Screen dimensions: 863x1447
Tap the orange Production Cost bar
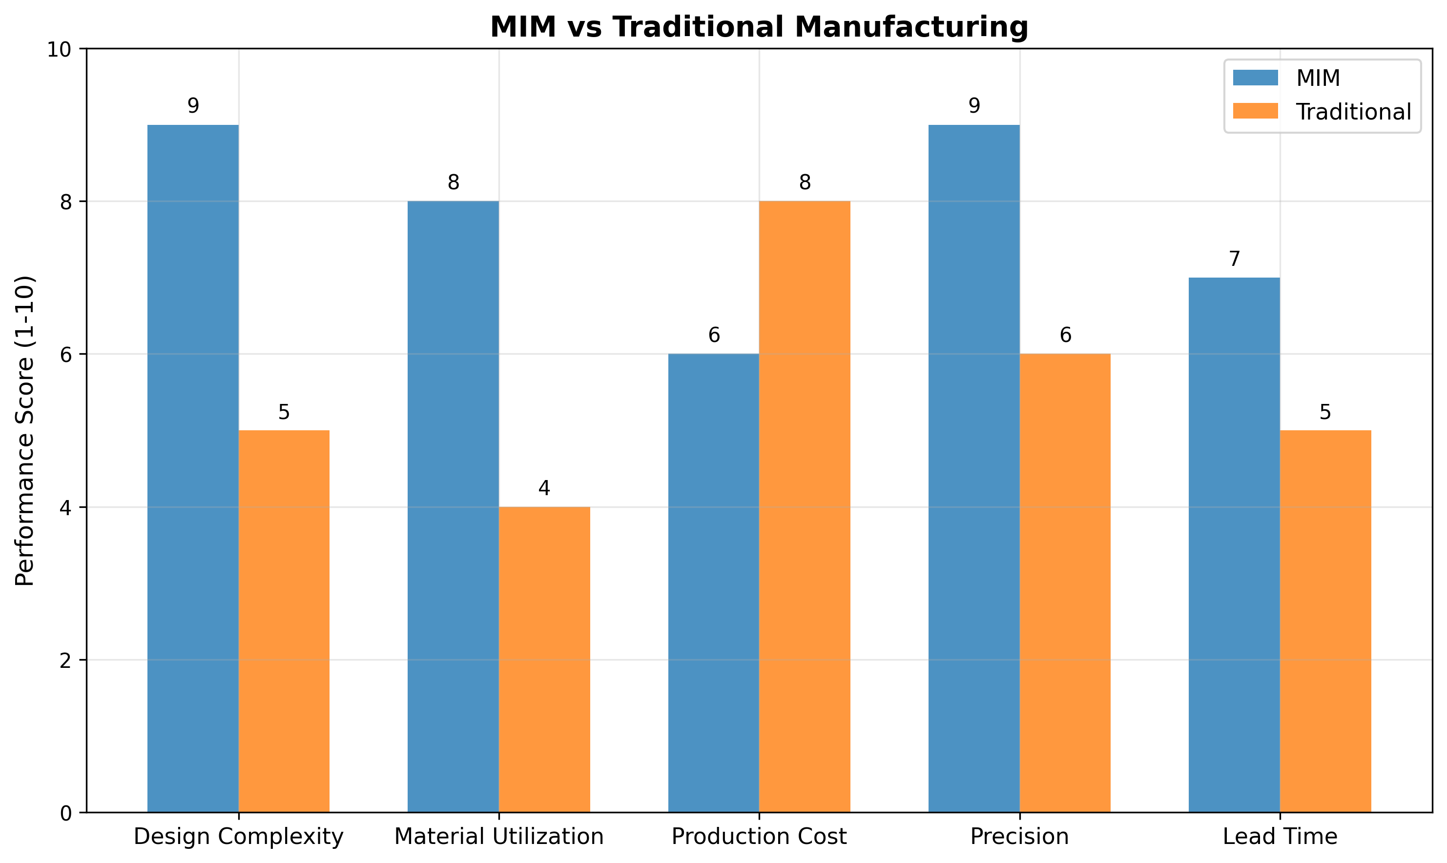[x=804, y=506]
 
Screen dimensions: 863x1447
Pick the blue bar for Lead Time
[x=1234, y=544]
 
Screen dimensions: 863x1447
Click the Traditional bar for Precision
[x=1065, y=582]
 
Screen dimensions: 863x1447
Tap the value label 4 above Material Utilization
[x=544, y=488]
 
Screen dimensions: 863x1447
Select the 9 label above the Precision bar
[x=974, y=106]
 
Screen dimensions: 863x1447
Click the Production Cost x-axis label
[x=759, y=837]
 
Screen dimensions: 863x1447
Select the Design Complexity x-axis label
[x=239, y=837]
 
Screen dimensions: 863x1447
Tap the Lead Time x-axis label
[x=1280, y=837]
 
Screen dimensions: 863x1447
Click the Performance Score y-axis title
[x=25, y=430]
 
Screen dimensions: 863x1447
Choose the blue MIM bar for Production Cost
[x=713, y=582]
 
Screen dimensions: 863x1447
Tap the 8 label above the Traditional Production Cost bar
[x=805, y=182]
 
